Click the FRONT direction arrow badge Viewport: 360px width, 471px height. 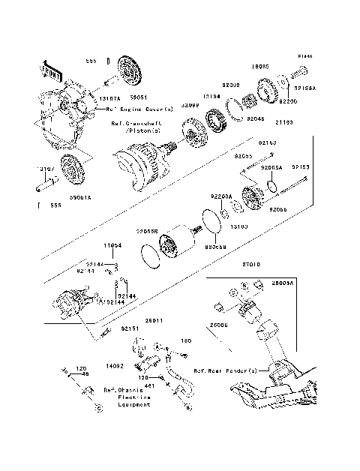tap(50, 68)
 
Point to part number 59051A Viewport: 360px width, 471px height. tap(81, 198)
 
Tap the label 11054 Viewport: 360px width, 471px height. tap(112, 245)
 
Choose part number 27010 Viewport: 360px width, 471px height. tap(250, 264)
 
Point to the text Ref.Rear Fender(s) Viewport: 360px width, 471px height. tap(225, 370)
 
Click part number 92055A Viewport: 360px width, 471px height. tap(271, 168)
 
